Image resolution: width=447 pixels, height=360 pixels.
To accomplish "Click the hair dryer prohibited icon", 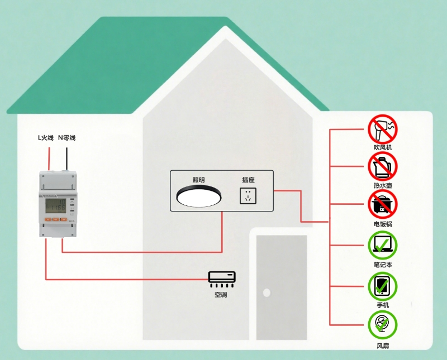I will click(x=382, y=129).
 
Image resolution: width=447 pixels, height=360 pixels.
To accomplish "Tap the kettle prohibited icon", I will click(x=382, y=166).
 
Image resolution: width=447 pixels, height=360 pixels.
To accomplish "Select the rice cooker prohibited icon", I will click(x=382, y=204).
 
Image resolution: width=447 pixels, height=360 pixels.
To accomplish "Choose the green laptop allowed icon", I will click(x=382, y=244).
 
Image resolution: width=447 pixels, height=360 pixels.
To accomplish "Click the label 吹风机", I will click(x=383, y=147).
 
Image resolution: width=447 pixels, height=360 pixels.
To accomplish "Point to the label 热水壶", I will click(x=383, y=185).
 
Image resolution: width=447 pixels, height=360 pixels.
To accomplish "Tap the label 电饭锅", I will click(x=383, y=224).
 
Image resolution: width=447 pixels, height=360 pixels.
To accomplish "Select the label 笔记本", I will click(x=383, y=265).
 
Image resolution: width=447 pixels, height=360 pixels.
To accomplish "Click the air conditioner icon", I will click(x=222, y=277).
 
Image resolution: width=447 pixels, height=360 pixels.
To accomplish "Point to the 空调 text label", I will click(x=221, y=295).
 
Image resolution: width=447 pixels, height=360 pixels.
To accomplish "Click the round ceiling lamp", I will click(x=199, y=196).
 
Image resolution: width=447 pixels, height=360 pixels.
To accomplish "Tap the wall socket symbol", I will click(x=248, y=196).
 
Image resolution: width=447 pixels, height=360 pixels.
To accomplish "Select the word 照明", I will click(x=198, y=180).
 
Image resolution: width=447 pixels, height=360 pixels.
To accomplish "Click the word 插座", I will click(x=248, y=180).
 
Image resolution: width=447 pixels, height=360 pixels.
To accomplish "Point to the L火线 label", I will click(x=45, y=137).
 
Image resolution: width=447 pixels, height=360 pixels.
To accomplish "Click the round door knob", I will click(x=267, y=292).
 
